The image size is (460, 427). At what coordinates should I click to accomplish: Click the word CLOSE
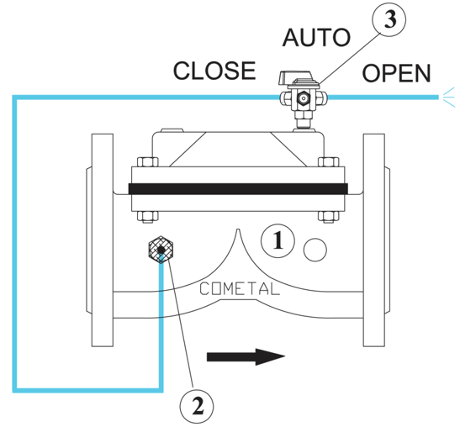coord(214,71)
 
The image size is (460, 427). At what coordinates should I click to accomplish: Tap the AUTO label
coord(316,38)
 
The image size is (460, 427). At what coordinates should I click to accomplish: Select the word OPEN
coord(396,73)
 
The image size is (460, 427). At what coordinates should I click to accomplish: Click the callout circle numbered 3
coord(389,19)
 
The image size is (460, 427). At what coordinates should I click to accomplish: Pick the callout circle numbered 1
coord(278,240)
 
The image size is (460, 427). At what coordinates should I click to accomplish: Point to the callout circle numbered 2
coord(197,407)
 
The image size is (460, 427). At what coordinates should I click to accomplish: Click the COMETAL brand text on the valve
coord(239,288)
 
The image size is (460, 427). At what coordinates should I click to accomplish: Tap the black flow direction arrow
coord(246,357)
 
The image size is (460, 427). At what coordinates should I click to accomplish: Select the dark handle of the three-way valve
coord(295,77)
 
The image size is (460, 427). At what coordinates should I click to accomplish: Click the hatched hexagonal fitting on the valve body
coord(161,250)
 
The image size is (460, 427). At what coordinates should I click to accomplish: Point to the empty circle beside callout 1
coord(315,250)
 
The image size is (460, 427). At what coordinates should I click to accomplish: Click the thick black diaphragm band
coord(238,189)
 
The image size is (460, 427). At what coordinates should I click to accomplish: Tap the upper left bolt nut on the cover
coord(148,162)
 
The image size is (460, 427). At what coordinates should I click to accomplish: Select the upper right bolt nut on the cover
coord(329,162)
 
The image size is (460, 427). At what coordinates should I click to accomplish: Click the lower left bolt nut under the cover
coord(148,216)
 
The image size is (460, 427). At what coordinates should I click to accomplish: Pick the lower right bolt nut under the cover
coord(329,216)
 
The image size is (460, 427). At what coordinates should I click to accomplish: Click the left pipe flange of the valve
coord(103,240)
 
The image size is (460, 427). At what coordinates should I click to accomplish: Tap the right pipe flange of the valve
coord(374,240)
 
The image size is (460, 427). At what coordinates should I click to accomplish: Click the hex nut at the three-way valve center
coord(303,98)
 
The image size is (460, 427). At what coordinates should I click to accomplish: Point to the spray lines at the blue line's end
coord(449,98)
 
